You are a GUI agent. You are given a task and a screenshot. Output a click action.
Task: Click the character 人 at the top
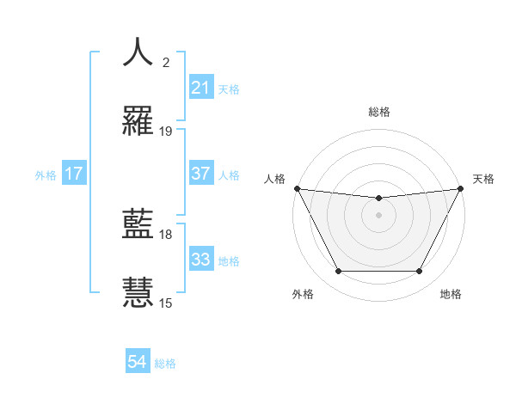[138, 52]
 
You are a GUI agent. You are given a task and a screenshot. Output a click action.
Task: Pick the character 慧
[138, 292]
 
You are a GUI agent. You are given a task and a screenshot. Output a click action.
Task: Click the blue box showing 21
[200, 88]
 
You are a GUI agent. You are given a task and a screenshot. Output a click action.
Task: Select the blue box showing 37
[200, 174]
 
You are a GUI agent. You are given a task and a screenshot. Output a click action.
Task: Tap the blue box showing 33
[200, 260]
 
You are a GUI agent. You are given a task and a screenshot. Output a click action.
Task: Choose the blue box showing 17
[73, 174]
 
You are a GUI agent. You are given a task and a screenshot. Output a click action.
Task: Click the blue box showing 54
[138, 363]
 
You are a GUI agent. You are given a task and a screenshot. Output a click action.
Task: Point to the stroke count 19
[166, 132]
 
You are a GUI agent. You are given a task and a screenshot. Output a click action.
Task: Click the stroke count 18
[166, 234]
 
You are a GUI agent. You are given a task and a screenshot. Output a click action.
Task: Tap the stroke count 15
[166, 303]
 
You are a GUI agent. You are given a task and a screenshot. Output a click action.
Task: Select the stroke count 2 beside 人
[166, 63]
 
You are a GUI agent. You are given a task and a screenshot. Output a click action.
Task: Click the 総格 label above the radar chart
[378, 112]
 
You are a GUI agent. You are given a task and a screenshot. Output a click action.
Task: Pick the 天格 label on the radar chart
[483, 179]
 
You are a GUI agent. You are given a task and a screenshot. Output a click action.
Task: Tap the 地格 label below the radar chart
[451, 294]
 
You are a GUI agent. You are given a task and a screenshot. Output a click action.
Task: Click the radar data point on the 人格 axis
[297, 188]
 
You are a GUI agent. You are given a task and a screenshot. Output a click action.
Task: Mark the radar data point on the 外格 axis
[338, 272]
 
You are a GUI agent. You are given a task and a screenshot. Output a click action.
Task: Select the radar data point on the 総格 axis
[378, 199]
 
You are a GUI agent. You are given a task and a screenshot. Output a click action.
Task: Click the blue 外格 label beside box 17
[46, 174]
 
